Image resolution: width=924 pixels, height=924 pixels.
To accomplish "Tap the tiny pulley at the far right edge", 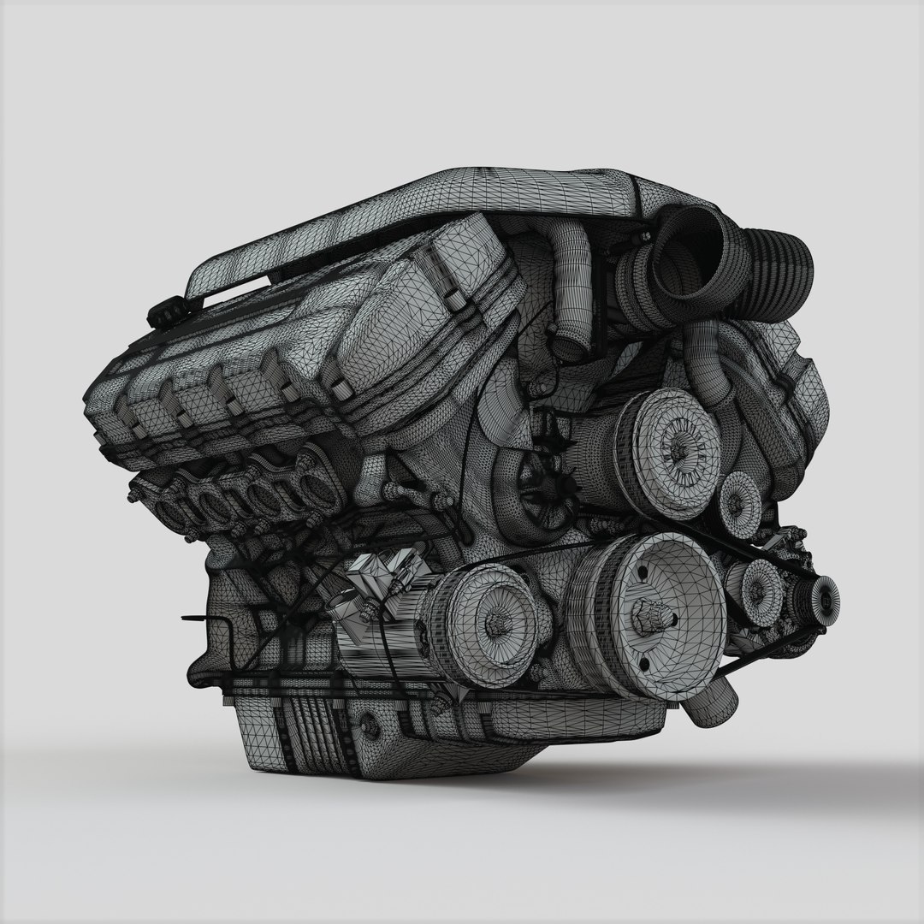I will click(824, 594).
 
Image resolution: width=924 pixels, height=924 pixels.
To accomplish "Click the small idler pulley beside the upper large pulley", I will click(741, 504).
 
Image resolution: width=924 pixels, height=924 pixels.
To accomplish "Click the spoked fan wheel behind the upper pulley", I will click(535, 479).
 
